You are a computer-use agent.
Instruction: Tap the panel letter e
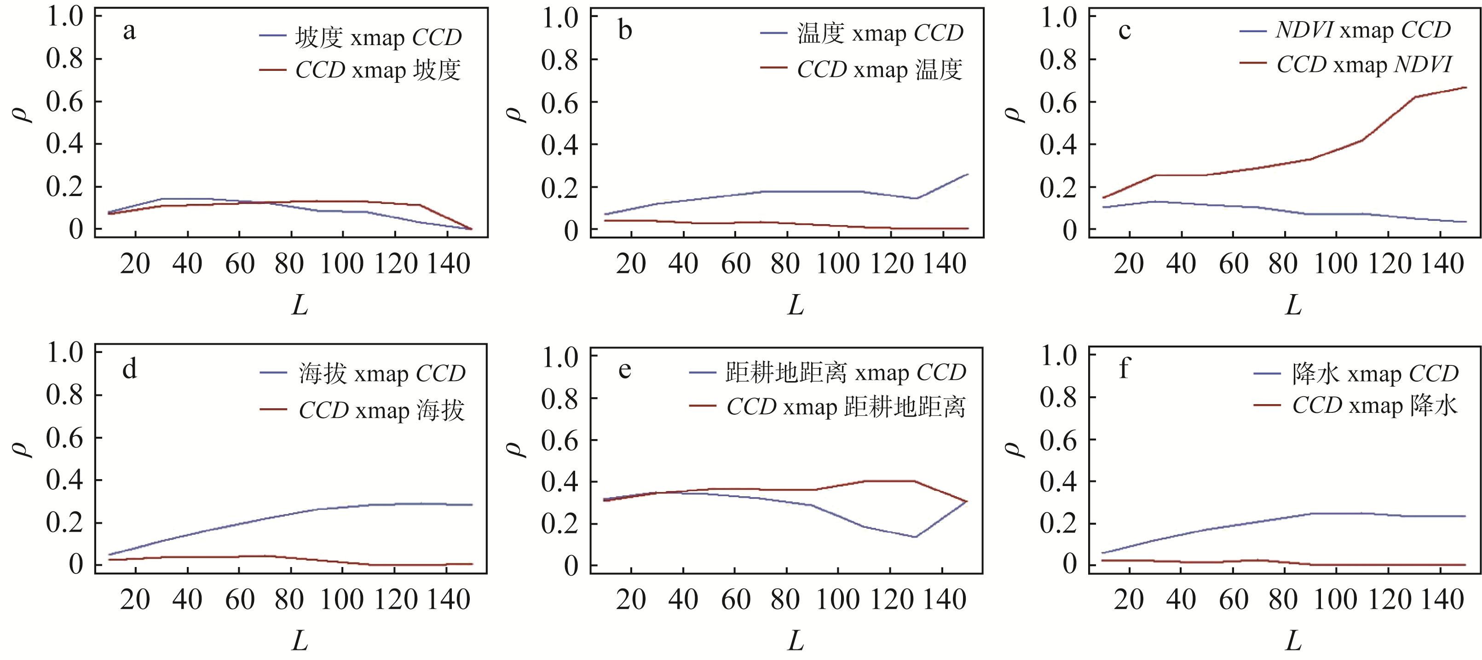[x=625, y=370]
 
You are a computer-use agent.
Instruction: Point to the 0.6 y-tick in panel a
[x=64, y=102]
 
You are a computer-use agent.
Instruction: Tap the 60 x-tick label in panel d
[x=239, y=600]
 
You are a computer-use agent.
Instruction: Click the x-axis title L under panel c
[x=1293, y=305]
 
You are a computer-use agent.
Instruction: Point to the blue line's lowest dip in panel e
[x=915, y=537]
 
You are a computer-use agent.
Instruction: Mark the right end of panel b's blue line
[x=968, y=174]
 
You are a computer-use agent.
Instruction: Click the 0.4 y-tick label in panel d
[x=64, y=481]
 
